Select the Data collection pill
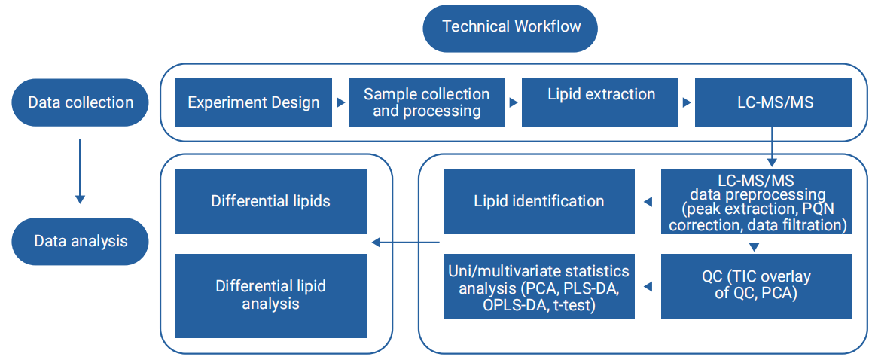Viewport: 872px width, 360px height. pos(80,102)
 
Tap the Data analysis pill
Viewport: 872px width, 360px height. pos(80,241)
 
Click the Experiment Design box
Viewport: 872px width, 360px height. pos(254,102)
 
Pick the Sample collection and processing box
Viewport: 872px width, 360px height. pos(426,102)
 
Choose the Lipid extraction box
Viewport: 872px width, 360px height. pos(599,102)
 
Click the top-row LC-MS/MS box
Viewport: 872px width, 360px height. pos(773,102)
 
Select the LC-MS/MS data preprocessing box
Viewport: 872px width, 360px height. pos(757,201)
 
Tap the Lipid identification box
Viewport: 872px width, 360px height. pos(539,201)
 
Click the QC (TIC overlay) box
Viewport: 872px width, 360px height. pos(757,286)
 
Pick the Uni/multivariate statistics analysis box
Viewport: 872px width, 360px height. pos(539,286)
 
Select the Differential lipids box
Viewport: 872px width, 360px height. pos(271,201)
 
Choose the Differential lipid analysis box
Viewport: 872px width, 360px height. pos(271,296)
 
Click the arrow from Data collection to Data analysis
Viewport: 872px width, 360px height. pos(80,172)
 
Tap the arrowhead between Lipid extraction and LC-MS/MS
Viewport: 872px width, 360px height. pos(688,103)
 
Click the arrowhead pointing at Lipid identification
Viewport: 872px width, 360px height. pos(648,201)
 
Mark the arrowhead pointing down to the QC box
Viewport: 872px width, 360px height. pos(754,247)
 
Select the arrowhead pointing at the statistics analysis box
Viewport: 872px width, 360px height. pos(648,286)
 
